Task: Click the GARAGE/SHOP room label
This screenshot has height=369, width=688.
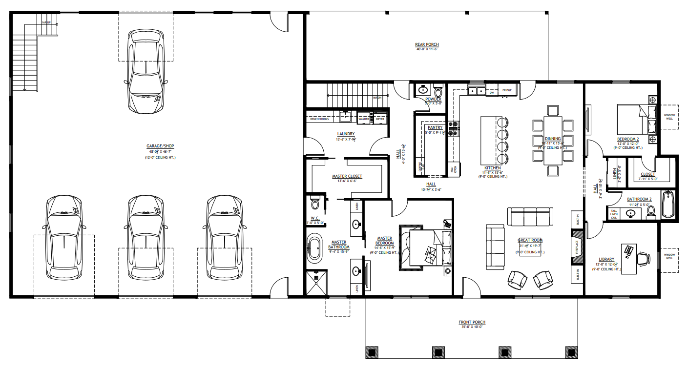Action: click(160, 146)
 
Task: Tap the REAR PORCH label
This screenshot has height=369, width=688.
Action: click(427, 44)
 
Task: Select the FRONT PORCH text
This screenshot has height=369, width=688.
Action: click(472, 322)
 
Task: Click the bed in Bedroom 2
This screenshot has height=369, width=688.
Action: click(633, 119)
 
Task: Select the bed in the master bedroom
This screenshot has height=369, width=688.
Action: click(425, 248)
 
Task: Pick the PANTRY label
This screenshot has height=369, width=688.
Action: click(435, 127)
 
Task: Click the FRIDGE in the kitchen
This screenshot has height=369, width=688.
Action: click(507, 90)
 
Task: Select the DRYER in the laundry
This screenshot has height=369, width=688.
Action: click(379, 119)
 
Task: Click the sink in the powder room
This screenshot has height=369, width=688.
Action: click(422, 90)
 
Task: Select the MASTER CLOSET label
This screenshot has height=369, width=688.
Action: click(347, 176)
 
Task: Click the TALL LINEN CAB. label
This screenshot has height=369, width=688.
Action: click(614, 214)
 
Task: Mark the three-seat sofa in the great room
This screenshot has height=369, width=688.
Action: click(530, 216)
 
